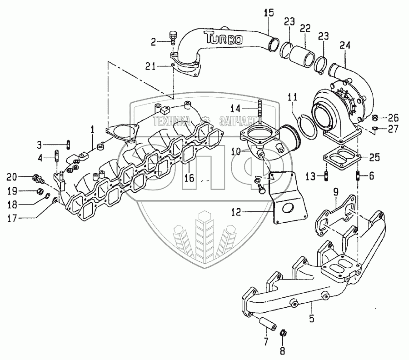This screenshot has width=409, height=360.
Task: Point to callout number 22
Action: click(305, 28)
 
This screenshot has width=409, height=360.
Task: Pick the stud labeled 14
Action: click(259, 110)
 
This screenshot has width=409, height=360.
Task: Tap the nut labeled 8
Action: click(282, 333)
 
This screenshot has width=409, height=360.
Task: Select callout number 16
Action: click(190, 179)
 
